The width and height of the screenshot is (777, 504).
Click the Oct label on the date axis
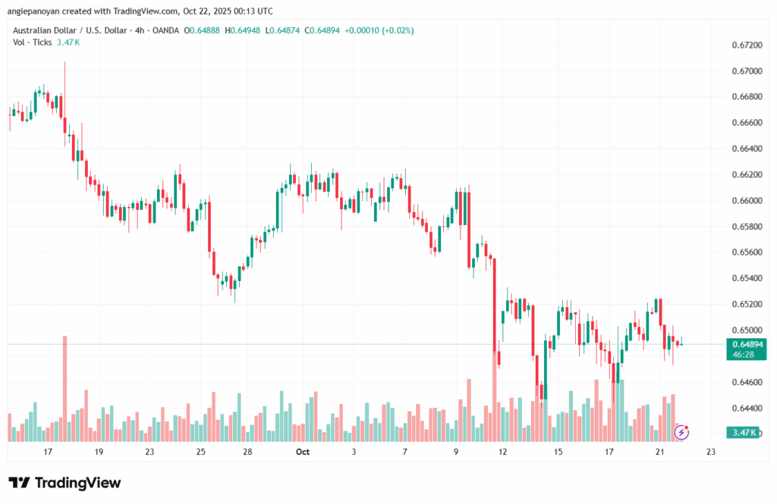click(x=303, y=452)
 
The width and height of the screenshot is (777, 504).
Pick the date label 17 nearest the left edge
click(x=48, y=452)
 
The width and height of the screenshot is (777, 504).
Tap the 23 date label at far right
click(x=710, y=452)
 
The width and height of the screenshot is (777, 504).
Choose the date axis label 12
click(x=503, y=452)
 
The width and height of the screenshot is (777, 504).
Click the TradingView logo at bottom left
click(x=64, y=483)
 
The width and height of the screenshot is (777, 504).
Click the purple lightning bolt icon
click(x=681, y=432)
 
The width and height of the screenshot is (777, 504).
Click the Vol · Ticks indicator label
click(x=31, y=42)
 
